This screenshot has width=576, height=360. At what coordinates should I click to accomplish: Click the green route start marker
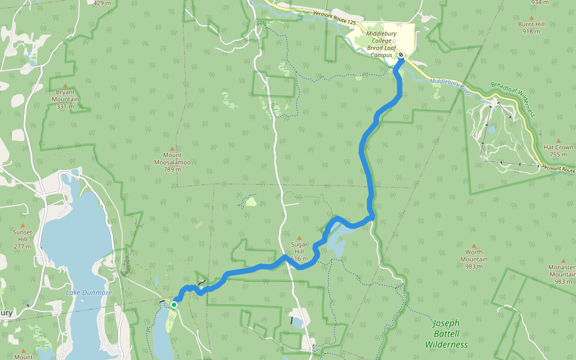tap(173, 305)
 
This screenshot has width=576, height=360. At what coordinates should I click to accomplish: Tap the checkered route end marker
tap(401, 55)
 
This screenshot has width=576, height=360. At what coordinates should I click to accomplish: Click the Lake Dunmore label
tap(88, 292)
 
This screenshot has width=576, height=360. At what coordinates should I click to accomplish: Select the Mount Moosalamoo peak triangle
tap(172, 148)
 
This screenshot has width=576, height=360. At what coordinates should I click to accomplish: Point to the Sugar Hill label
tap(299, 245)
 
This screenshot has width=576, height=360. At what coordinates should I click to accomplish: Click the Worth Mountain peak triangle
tap(474, 245)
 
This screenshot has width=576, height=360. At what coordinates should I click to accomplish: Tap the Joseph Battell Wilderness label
tap(446, 334)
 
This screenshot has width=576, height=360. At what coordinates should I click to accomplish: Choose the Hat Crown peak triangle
tap(559, 140)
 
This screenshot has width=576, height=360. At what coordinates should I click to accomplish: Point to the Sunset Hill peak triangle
tap(23, 226)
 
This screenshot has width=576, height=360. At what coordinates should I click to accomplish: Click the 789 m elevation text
tap(172, 169)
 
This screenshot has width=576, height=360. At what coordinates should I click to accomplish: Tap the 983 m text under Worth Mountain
tap(474, 266)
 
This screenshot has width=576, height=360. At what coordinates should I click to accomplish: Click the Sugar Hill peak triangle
tap(299, 238)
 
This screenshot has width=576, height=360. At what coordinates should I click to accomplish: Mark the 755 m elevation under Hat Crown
tap(559, 154)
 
